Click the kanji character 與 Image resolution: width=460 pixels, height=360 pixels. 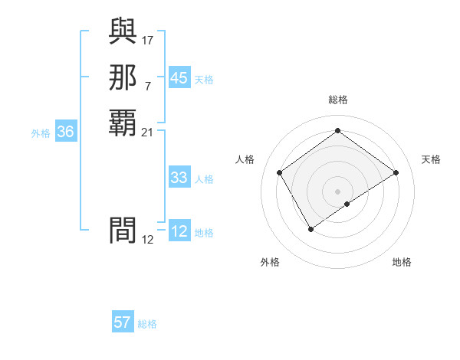point(123,32)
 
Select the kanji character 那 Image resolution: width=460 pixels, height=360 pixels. point(123,77)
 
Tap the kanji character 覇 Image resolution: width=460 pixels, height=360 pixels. point(123,122)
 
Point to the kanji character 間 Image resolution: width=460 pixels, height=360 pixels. point(123,229)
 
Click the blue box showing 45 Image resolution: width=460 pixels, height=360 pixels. point(179,78)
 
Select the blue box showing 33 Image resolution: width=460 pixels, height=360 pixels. point(179,178)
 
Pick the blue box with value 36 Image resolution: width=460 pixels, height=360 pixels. point(66,132)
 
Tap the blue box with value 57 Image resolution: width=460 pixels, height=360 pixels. point(123,322)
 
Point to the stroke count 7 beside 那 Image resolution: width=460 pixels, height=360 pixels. point(148,85)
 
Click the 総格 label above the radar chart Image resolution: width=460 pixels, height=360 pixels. point(338,100)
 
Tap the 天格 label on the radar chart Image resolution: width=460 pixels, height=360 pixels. point(431,159)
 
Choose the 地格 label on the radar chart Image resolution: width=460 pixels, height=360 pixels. point(402,262)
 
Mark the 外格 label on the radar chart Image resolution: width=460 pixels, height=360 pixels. point(270,262)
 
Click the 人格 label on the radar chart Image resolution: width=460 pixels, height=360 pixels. point(245,159)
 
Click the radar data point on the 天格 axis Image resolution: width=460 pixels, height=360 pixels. point(396,172)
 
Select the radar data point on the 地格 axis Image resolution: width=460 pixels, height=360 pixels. point(347,204)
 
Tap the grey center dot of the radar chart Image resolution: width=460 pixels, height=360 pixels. point(338,191)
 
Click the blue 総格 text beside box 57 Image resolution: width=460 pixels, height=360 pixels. point(147,324)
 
